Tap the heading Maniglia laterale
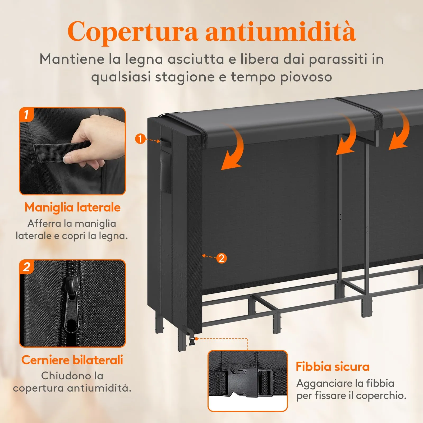pyautogui.click(x=72, y=207)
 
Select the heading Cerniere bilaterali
pyautogui.click(x=72, y=360)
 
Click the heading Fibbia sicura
pyautogui.click(x=332, y=367)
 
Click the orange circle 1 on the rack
pyautogui.click(x=140, y=139)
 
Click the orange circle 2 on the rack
pyautogui.click(x=222, y=258)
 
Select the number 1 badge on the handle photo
pyautogui.click(x=26, y=115)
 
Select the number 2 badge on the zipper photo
pyautogui.click(x=26, y=267)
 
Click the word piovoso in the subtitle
pyautogui.click(x=306, y=77)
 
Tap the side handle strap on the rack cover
pyautogui.click(x=164, y=143)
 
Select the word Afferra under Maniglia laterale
pyautogui.click(x=44, y=223)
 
